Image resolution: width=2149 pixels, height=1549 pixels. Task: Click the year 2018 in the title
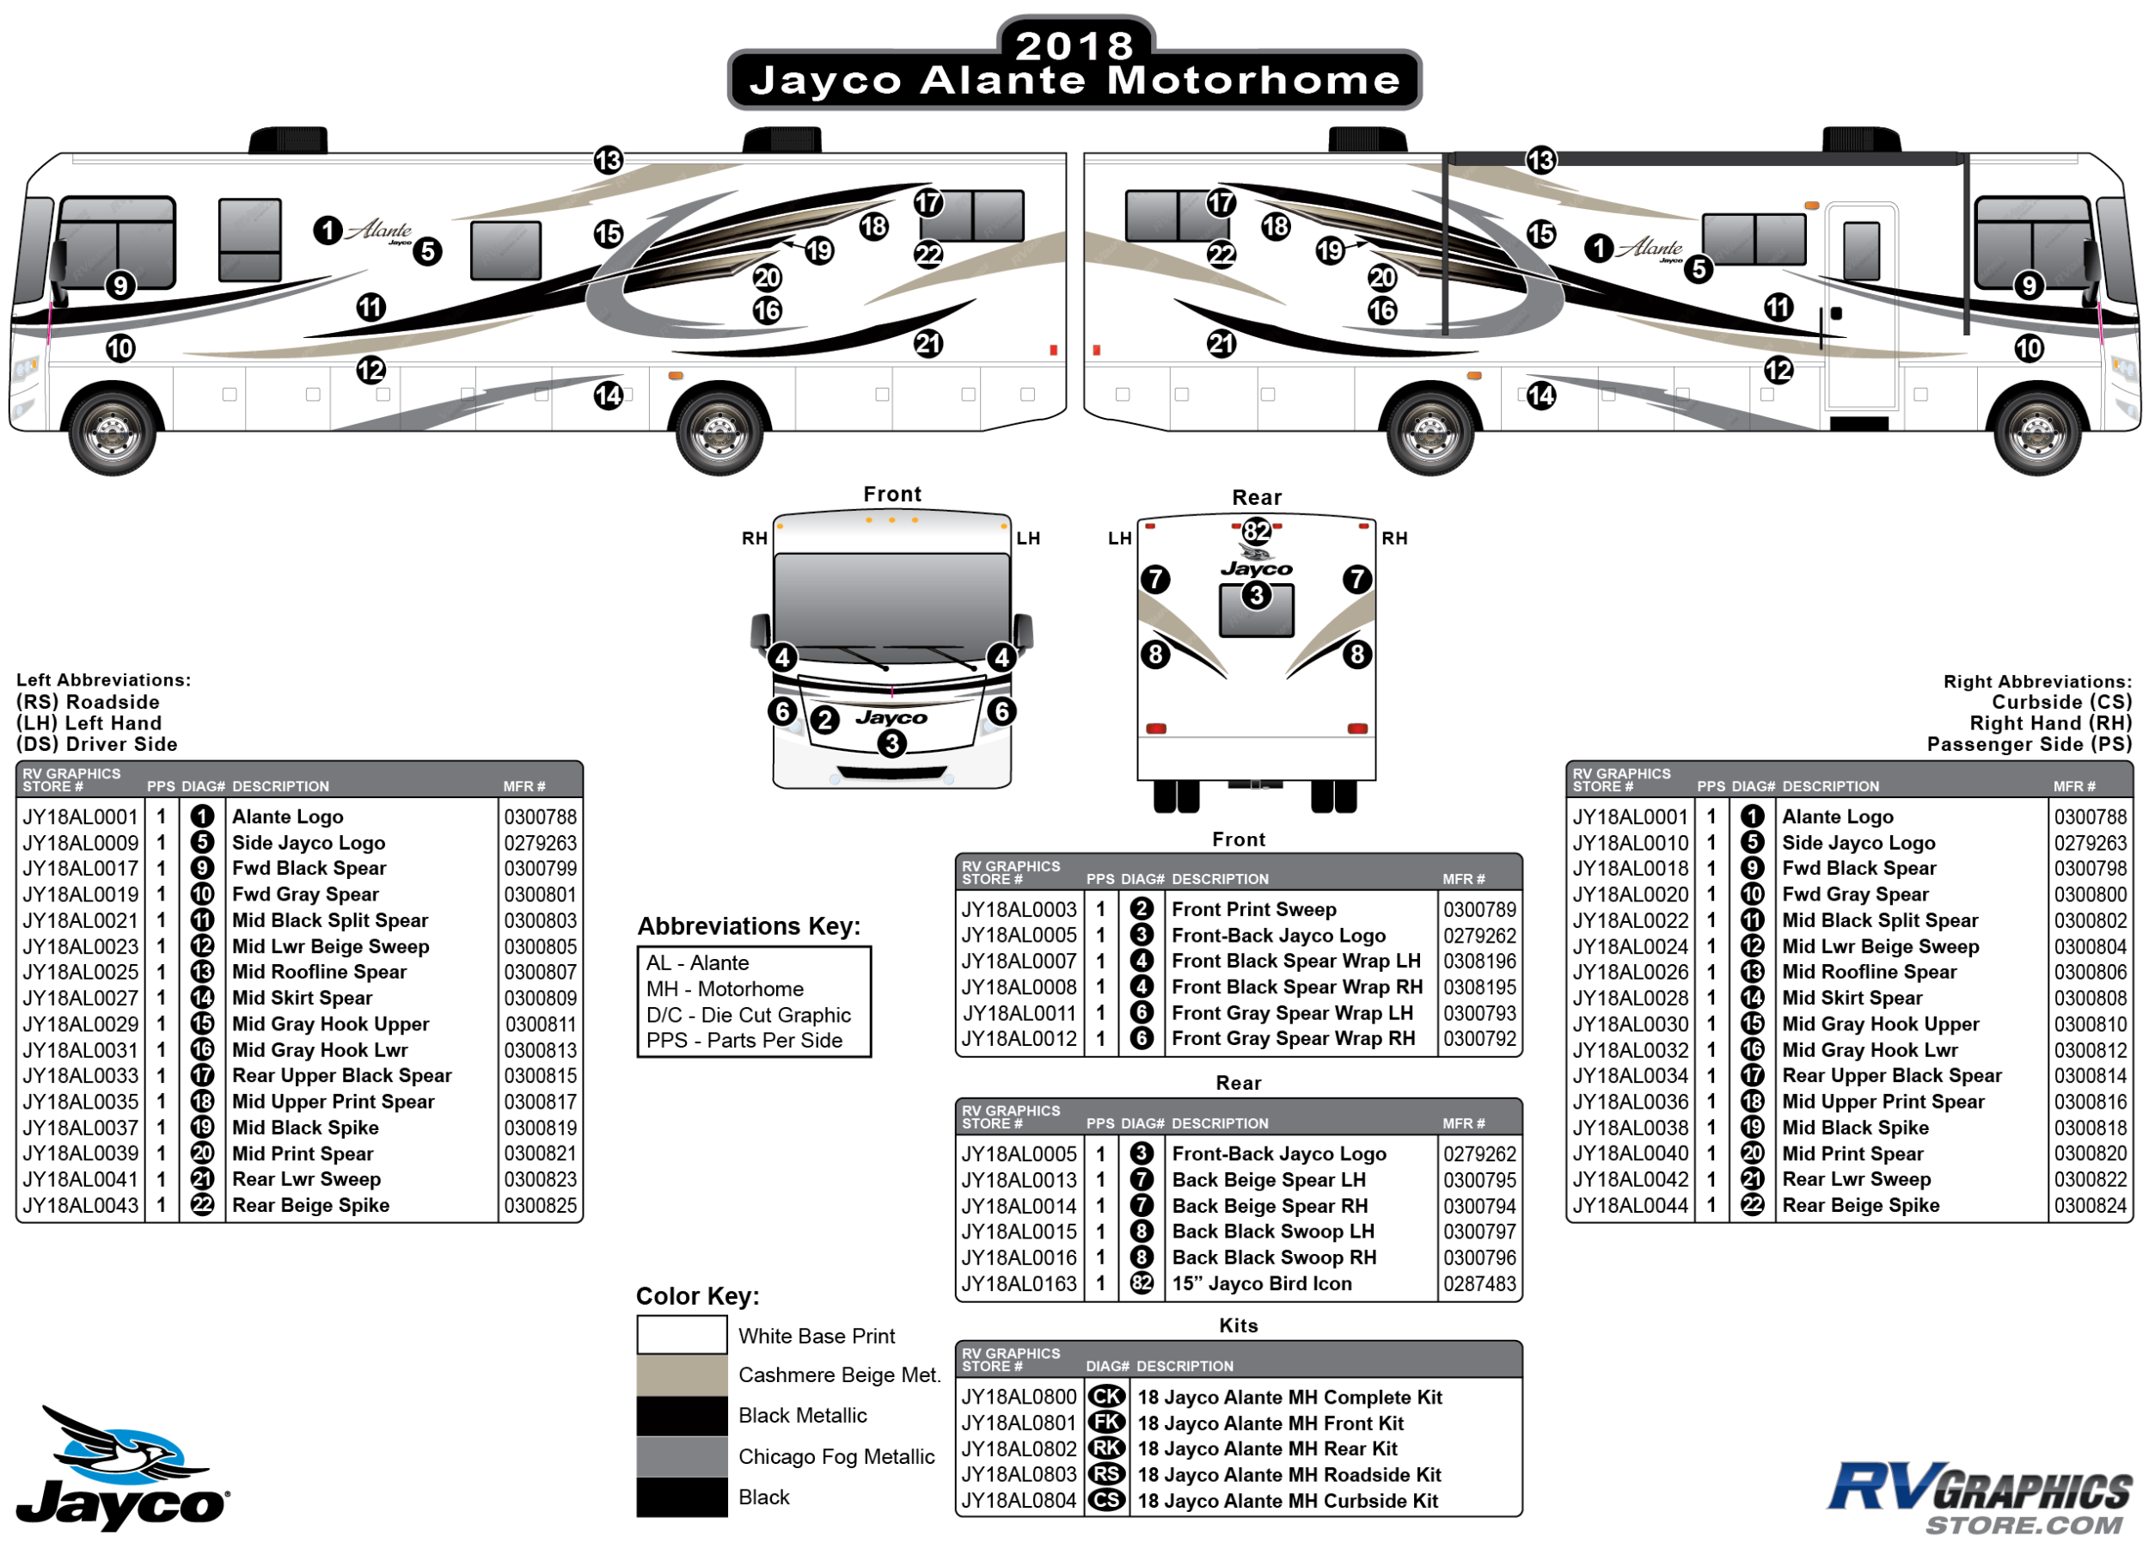pyautogui.click(x=1074, y=45)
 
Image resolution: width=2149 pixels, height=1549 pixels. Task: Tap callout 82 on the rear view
pyautogui.click(x=1257, y=531)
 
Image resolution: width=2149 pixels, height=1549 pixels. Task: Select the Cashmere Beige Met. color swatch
pyautogui.click(x=682, y=1374)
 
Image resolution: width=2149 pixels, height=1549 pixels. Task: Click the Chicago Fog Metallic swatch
pyautogui.click(x=682, y=1456)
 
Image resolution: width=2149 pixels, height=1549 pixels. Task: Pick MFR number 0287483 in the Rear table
pyautogui.click(x=1479, y=1283)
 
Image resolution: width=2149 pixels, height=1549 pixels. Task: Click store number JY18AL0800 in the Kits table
pyautogui.click(x=1019, y=1397)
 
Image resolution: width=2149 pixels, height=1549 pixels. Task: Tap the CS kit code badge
pyautogui.click(x=1105, y=1501)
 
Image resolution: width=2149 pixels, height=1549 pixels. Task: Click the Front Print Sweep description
pyautogui.click(x=1253, y=909)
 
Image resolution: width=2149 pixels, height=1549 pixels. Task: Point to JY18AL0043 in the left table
pyautogui.click(x=81, y=1205)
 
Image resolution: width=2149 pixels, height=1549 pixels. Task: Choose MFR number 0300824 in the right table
pyautogui.click(x=2091, y=1205)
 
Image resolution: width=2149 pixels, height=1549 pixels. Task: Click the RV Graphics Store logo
pyautogui.click(x=1981, y=1497)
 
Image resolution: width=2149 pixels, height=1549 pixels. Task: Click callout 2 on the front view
pyautogui.click(x=825, y=720)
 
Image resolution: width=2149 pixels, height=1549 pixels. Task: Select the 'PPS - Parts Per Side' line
pyautogui.click(x=744, y=1040)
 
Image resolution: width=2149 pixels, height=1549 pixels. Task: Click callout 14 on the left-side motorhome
pyautogui.click(x=609, y=396)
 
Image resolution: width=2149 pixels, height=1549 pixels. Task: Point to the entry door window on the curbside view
pyautogui.click(x=1861, y=250)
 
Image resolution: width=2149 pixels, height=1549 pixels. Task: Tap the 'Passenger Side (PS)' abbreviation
pyautogui.click(x=2029, y=744)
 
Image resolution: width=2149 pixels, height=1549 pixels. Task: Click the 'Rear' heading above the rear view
pyautogui.click(x=1257, y=498)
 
